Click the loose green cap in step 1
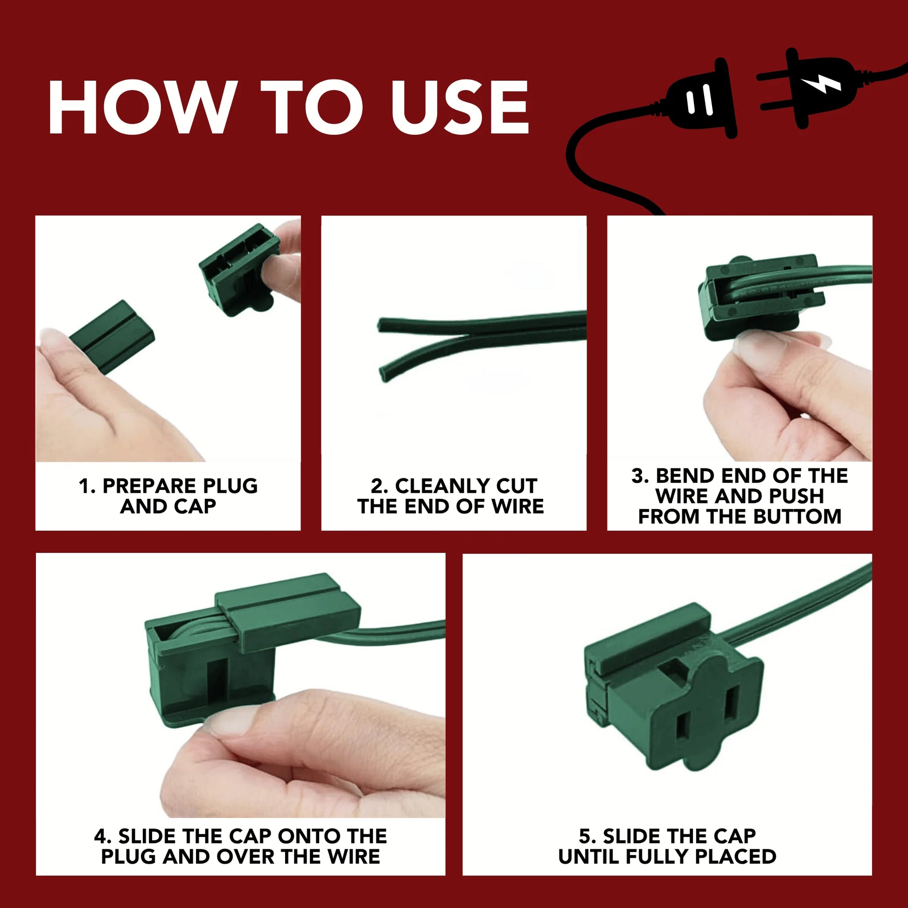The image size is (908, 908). click(x=112, y=338)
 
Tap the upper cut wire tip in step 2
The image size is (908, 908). click(x=380, y=325)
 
